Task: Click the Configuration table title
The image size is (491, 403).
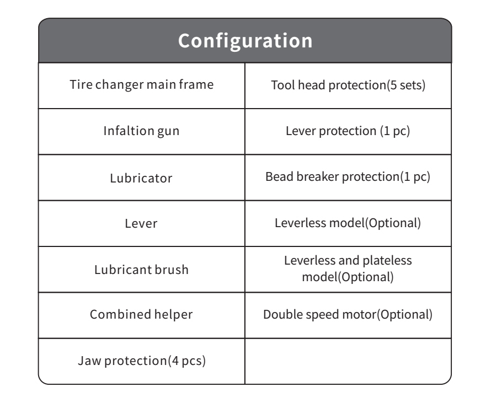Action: point(245,41)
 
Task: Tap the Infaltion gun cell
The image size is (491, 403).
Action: point(141,131)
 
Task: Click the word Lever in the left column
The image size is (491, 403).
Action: point(141,223)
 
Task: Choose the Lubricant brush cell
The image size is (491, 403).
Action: point(141,270)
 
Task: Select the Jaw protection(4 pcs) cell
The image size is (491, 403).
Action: point(142,361)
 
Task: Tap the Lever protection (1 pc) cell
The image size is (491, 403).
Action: point(348,131)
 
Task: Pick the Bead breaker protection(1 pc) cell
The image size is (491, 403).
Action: point(348,177)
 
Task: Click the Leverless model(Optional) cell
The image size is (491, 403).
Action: point(348,223)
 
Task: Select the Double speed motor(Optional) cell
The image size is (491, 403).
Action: point(348,315)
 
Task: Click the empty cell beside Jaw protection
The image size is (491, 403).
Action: point(348,361)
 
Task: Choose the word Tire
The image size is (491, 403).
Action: point(81,84)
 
